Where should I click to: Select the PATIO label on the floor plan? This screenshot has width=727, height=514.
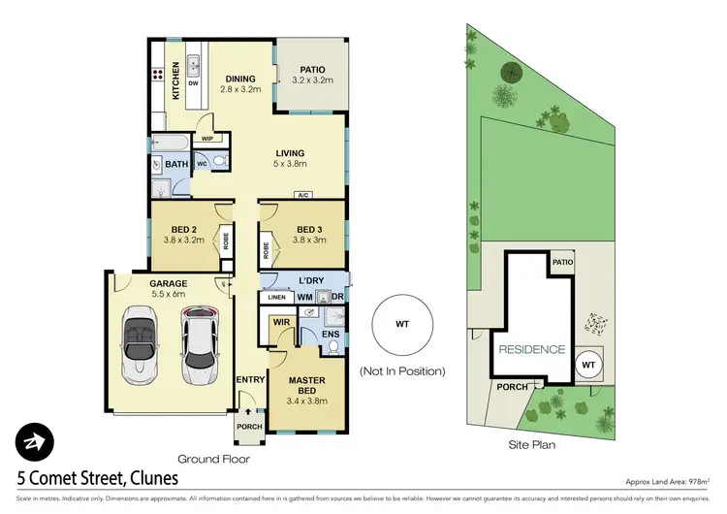coord(311,76)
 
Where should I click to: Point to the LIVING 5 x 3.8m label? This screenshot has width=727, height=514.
coord(289,158)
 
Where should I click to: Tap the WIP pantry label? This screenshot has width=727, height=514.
coord(206,139)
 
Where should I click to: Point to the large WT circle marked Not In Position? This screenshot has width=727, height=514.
coord(401,326)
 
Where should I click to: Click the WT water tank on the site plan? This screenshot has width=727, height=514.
coord(586,365)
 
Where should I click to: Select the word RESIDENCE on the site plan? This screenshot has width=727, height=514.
coord(531,349)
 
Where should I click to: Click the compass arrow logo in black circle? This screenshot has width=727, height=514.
coord(34,441)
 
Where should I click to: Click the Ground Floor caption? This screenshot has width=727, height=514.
coord(214,458)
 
